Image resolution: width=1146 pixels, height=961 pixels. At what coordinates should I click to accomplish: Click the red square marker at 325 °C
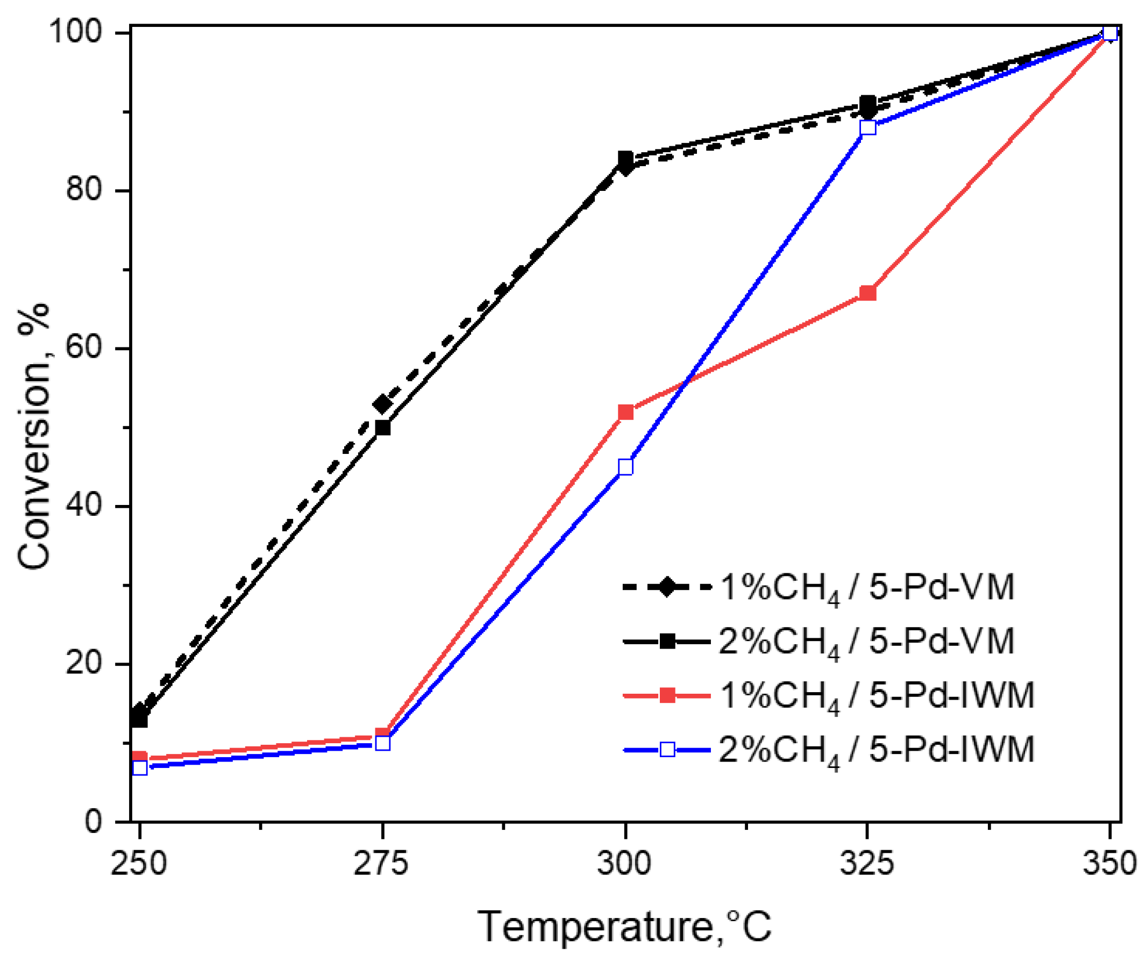click(x=867, y=293)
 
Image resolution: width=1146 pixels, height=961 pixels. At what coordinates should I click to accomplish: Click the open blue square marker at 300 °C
click(x=625, y=467)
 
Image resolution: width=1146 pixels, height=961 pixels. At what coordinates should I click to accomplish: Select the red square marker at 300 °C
click(x=625, y=412)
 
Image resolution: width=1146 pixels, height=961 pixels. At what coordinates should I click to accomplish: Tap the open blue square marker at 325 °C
click(x=867, y=127)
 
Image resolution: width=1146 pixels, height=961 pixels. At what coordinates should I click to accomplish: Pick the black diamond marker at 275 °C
click(x=382, y=404)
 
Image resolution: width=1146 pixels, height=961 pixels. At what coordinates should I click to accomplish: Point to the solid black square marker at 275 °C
click(x=383, y=428)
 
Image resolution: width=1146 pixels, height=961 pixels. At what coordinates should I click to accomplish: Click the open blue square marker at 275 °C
click(x=383, y=743)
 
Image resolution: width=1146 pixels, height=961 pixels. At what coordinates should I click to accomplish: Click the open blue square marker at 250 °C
click(x=140, y=768)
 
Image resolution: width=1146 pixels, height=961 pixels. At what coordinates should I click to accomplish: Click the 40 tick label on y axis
click(x=83, y=506)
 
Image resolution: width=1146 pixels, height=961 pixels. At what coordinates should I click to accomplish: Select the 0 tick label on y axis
click(x=93, y=821)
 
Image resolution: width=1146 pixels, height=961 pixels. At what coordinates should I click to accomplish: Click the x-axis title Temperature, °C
click(x=624, y=927)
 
